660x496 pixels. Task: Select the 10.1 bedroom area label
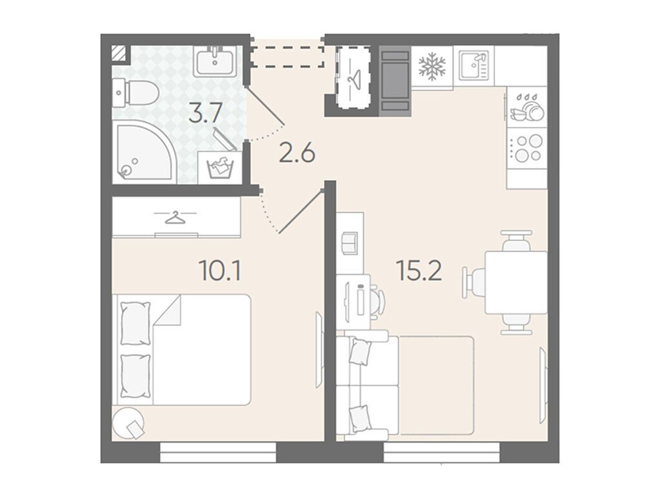[x=221, y=271]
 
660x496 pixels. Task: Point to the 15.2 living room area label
[x=419, y=271]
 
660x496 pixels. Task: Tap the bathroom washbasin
[x=215, y=61]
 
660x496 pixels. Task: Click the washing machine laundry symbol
[x=219, y=167]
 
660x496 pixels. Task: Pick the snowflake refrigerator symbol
[x=432, y=67]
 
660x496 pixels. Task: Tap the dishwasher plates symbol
[x=527, y=108]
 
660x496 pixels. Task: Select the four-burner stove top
[x=527, y=149]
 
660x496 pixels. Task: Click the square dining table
[x=516, y=282]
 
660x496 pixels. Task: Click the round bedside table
[x=128, y=422]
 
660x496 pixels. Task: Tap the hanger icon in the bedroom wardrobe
[x=175, y=217]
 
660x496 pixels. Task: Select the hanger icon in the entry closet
[x=353, y=77]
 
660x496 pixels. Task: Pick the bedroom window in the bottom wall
[x=219, y=453]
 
